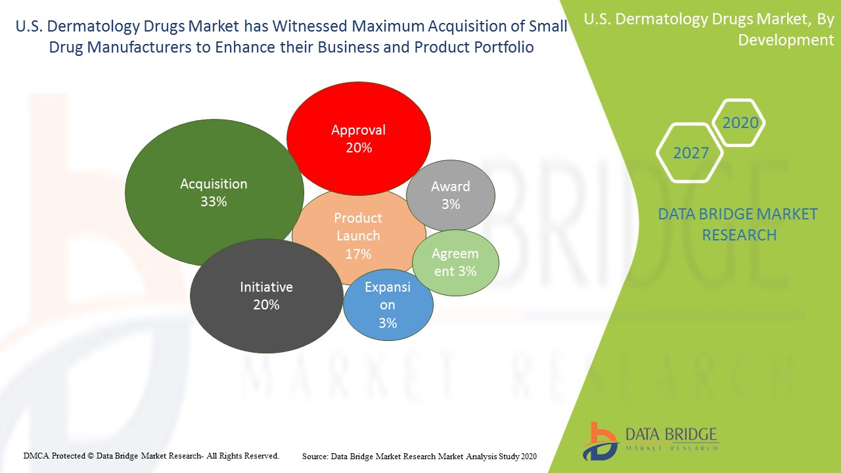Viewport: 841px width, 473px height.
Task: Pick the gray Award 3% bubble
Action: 451,195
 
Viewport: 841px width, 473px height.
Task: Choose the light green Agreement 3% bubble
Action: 455,262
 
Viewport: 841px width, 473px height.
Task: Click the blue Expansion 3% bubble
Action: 388,305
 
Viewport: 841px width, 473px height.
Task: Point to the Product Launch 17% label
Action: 358,227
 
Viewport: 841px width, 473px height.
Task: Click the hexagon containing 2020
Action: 740,123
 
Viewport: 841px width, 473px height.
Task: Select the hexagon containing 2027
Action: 691,153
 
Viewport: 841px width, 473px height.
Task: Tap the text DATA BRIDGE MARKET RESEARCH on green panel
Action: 739,224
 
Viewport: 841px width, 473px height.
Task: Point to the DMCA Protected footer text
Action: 151,455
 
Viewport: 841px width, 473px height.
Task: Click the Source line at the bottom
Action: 419,456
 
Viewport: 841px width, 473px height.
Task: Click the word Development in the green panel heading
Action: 786,40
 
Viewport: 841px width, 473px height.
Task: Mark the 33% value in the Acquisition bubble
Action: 214,202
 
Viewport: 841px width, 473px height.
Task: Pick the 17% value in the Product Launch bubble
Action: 358,254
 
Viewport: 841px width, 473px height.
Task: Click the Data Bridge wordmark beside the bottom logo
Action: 671,436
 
